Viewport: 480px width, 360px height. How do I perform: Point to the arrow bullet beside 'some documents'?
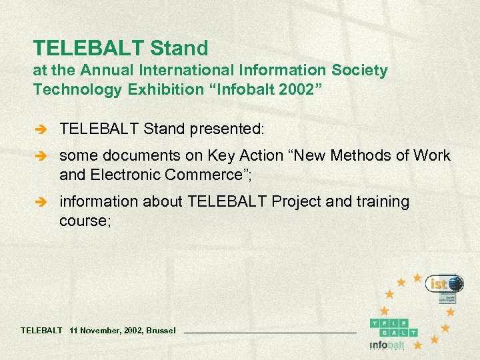pos(42,157)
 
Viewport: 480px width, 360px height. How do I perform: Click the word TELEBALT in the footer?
pos(41,330)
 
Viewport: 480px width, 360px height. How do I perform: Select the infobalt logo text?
pos(387,345)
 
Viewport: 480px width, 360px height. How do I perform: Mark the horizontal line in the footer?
pos(269,331)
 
